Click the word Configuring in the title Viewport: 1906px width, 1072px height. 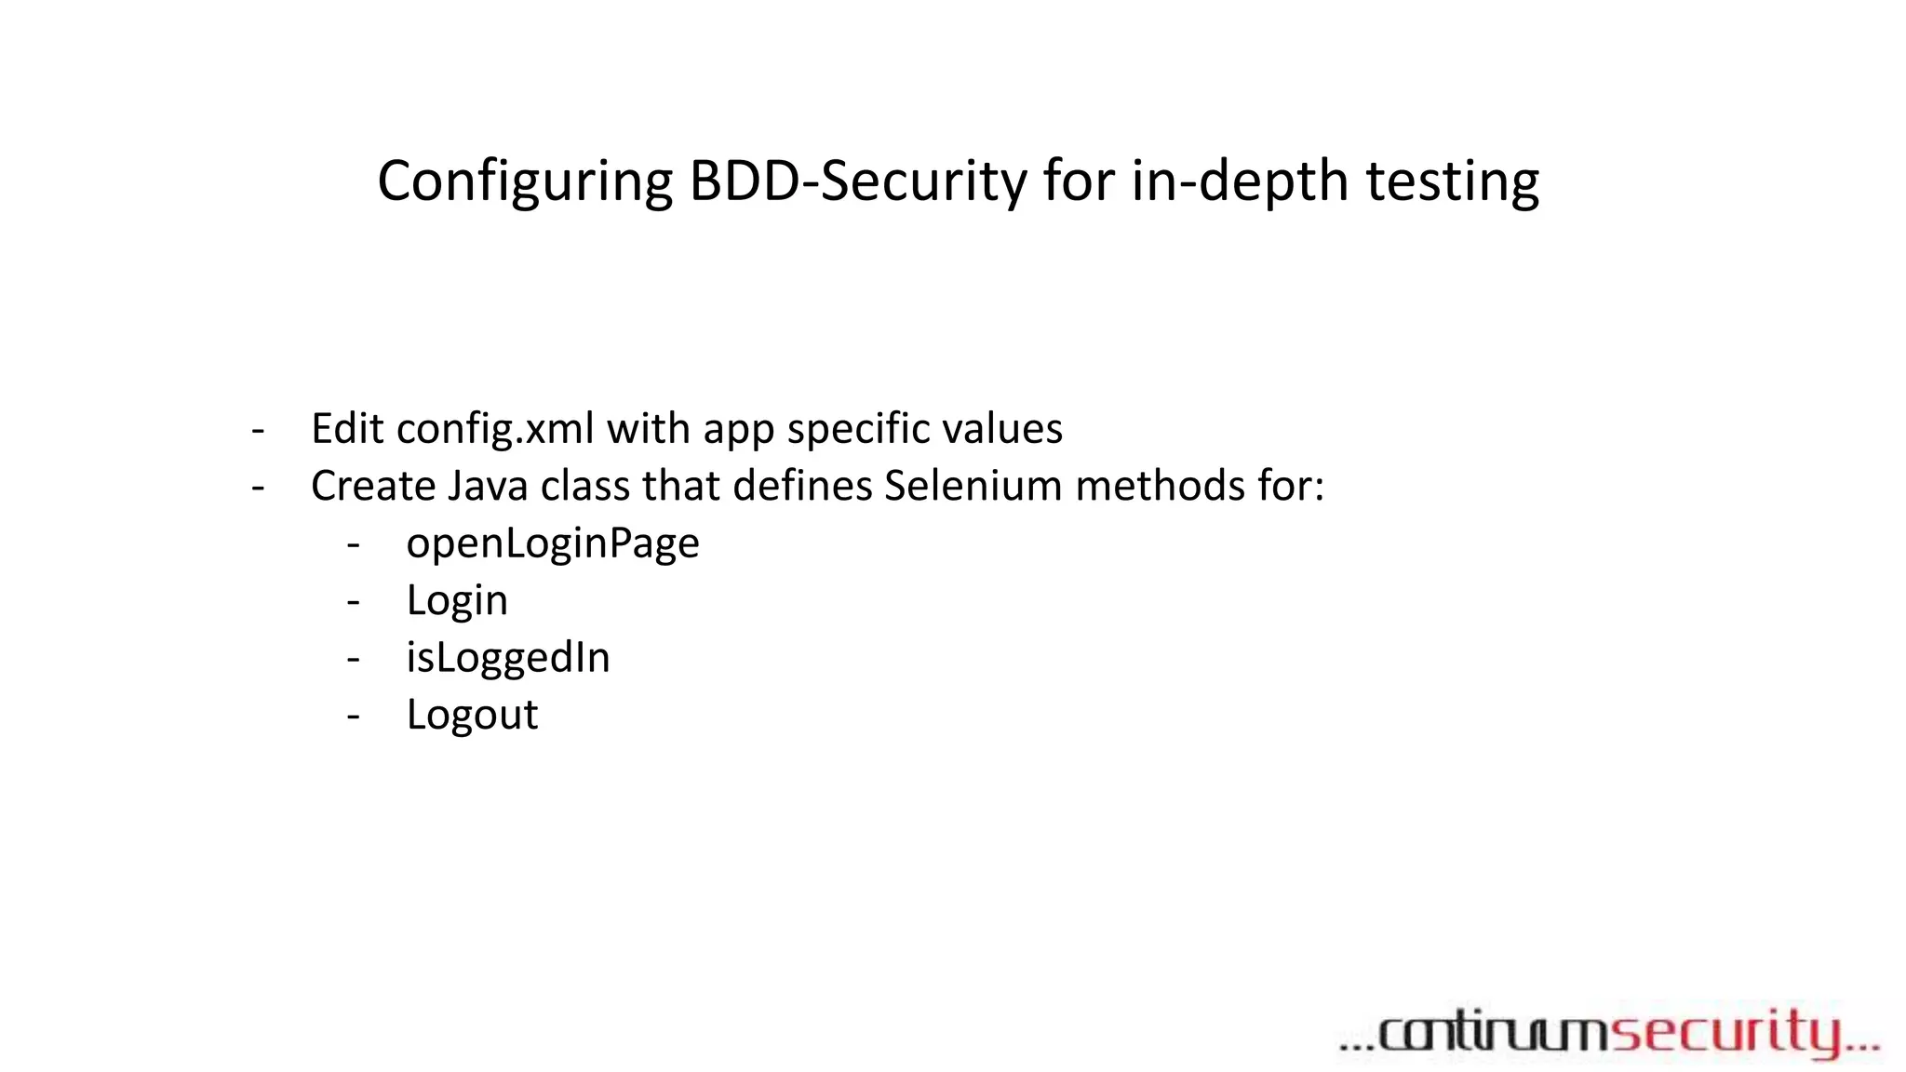pos(525,181)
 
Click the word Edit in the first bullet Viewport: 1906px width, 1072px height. pos(347,429)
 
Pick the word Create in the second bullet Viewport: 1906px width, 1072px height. pos(373,486)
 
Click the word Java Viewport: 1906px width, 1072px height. pos(488,486)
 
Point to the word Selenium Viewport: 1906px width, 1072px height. pos(973,486)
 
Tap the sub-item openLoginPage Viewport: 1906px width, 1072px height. pos(553,544)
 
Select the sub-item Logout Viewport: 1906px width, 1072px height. pos(472,715)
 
